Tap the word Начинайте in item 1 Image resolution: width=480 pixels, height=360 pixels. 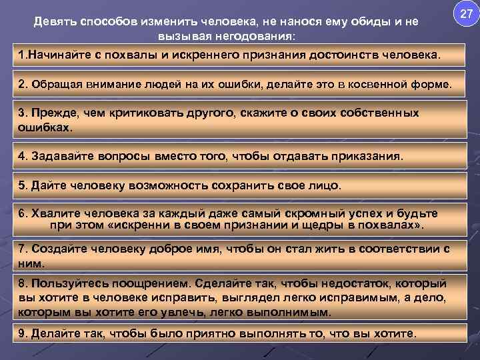point(57,53)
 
